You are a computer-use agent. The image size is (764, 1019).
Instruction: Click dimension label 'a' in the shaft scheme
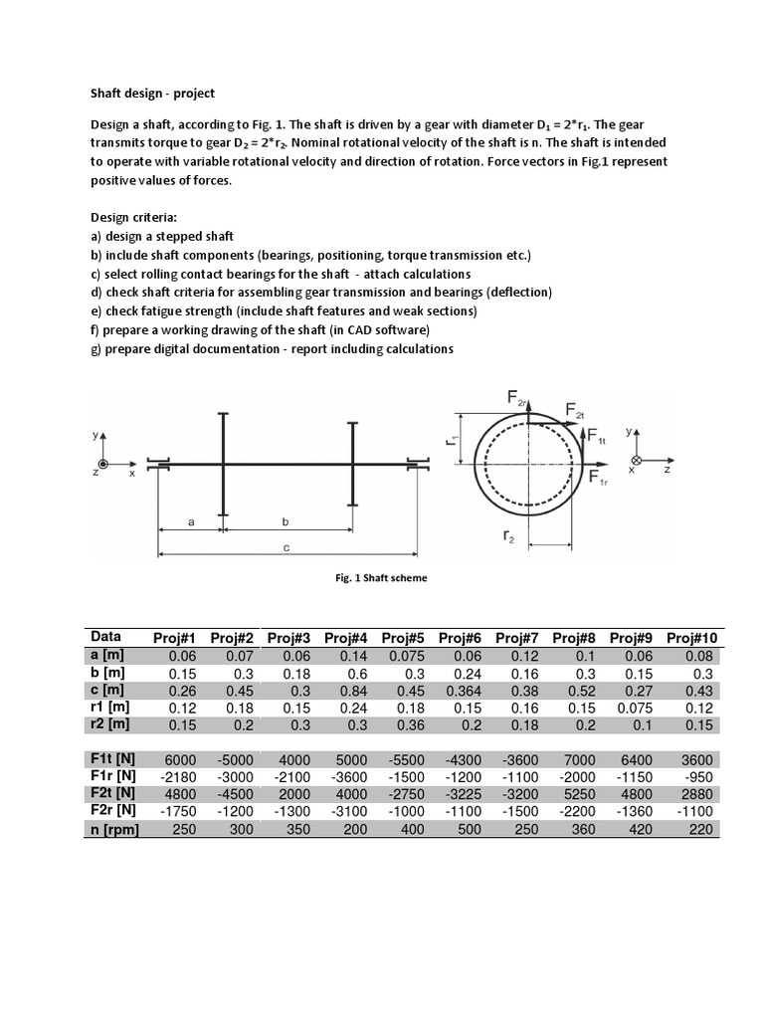coord(190,520)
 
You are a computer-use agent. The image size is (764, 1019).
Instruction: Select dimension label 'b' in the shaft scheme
coord(286,520)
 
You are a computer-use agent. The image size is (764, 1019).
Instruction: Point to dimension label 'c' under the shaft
coord(286,548)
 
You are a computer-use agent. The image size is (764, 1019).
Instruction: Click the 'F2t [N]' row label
coord(113,795)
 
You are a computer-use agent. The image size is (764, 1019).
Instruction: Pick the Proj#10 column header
coord(693,638)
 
